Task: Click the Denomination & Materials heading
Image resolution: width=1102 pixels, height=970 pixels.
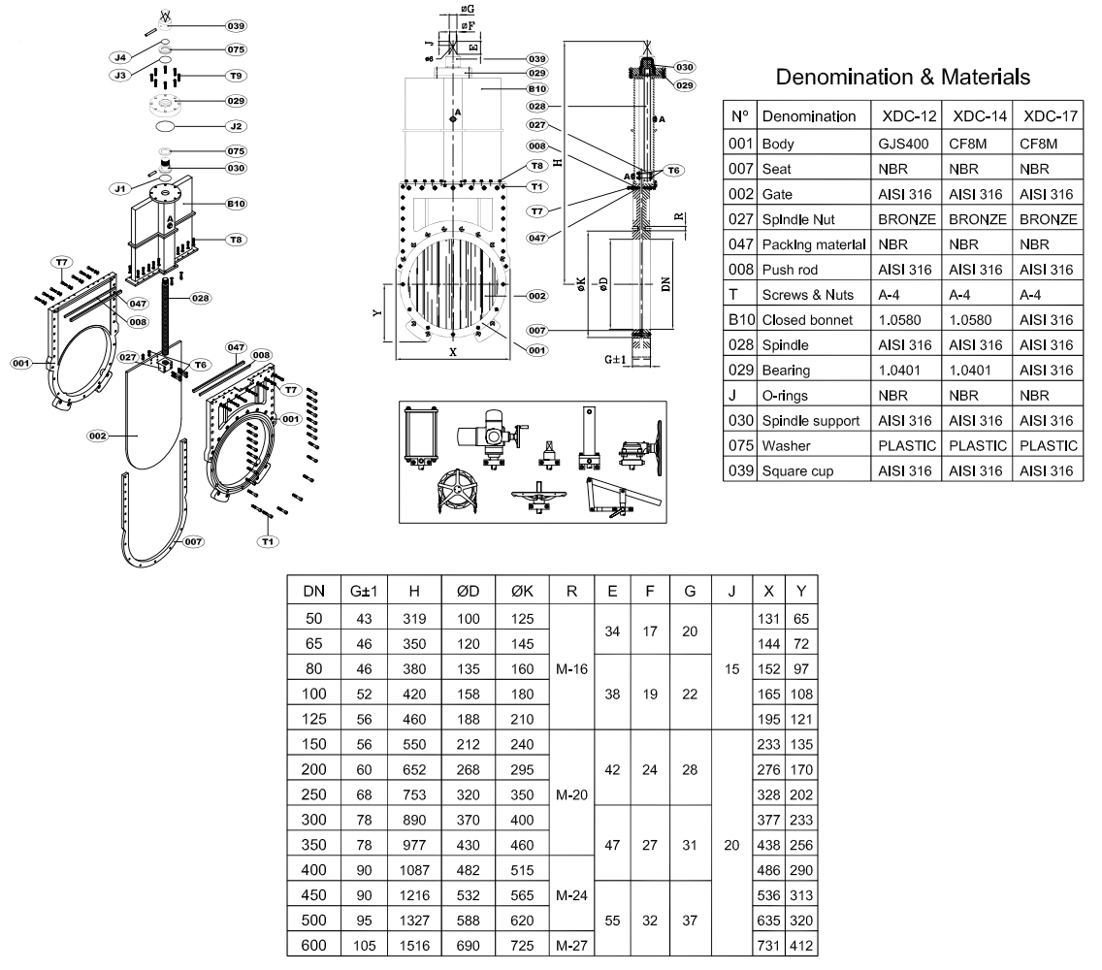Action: [903, 77]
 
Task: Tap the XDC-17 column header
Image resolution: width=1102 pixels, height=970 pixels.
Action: [1047, 116]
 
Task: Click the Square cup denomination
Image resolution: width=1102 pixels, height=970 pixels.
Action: [800, 470]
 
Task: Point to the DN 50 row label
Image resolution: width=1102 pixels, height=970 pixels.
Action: [314, 618]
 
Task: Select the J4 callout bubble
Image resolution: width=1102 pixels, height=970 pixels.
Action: [119, 58]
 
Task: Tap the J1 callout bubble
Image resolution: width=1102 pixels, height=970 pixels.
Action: [121, 187]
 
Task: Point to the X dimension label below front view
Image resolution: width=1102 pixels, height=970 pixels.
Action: [452, 353]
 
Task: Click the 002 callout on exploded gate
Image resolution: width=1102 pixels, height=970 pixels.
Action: [97, 436]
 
